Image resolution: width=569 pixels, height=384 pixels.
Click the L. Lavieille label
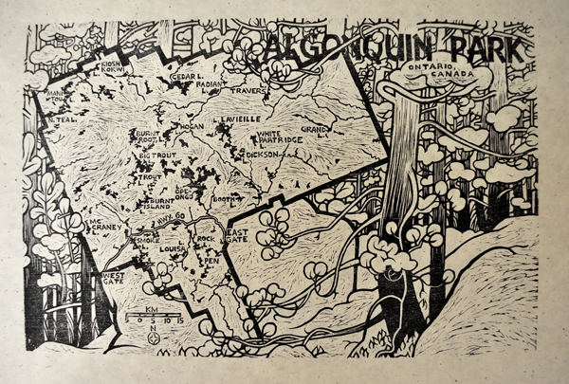click(x=238, y=120)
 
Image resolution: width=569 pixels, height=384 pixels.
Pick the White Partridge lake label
click(x=280, y=137)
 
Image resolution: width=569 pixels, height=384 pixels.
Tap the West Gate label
click(x=112, y=278)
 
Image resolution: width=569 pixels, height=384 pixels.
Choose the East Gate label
click(x=237, y=237)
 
